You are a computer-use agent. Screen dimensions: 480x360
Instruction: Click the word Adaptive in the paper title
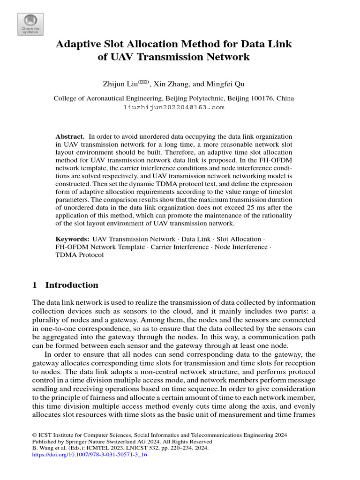tap(78, 44)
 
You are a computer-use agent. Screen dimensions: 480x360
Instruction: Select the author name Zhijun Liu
tap(120, 84)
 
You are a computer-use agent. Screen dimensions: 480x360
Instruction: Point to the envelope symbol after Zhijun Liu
tap(143, 82)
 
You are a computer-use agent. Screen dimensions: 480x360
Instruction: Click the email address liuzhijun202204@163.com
tap(174, 107)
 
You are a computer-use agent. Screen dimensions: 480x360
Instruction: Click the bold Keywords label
tap(72, 239)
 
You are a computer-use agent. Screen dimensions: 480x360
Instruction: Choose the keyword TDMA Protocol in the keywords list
tap(80, 255)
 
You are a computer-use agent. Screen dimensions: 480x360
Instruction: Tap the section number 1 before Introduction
tap(34, 285)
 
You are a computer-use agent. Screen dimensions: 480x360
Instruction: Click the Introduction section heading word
tap(72, 285)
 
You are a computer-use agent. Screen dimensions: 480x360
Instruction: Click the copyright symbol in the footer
tap(34, 435)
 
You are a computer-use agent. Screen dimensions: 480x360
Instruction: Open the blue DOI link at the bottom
tap(90, 455)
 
